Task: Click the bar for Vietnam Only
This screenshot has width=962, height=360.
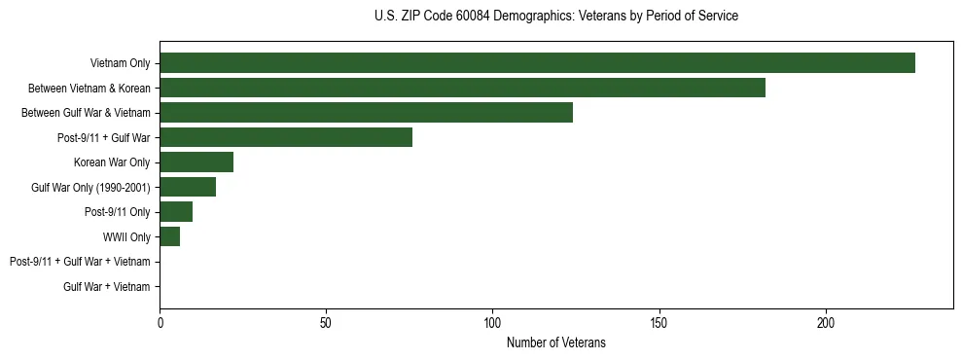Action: [537, 63]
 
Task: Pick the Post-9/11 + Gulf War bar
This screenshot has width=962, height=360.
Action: [286, 137]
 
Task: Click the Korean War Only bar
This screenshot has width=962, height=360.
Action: [196, 162]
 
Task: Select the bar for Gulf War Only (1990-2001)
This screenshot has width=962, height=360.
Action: [188, 187]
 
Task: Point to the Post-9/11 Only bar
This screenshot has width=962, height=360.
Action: [176, 212]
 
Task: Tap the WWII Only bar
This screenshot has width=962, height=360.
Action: [169, 236]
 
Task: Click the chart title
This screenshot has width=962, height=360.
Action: [555, 17]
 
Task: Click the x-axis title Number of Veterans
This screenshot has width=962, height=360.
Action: [555, 342]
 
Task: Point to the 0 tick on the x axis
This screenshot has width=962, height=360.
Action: [160, 322]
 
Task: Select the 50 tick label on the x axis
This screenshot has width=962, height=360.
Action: [326, 322]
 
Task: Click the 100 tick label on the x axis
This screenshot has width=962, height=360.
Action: [492, 322]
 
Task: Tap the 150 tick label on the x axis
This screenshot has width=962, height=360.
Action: [659, 322]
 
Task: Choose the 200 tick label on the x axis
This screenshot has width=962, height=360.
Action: [826, 322]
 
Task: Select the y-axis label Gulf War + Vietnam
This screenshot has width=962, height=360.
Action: [106, 286]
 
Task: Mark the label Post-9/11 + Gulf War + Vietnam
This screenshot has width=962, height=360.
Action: [79, 262]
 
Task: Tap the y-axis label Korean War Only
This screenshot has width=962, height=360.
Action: [112, 162]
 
